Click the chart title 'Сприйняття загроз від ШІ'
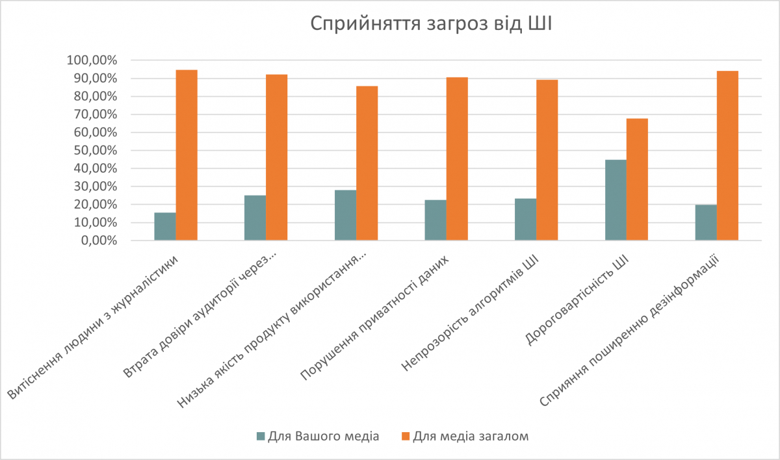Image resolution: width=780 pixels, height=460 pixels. pyautogui.click(x=430, y=24)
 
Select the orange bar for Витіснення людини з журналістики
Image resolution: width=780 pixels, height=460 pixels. pyautogui.click(x=187, y=155)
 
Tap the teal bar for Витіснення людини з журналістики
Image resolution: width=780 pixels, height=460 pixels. pyautogui.click(x=164, y=227)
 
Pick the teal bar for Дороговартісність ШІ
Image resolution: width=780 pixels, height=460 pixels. pyautogui.click(x=616, y=200)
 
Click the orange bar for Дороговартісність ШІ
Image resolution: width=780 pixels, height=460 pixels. pyautogui.click(x=637, y=179)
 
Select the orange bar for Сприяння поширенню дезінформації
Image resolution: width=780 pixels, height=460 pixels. pyautogui.click(x=727, y=156)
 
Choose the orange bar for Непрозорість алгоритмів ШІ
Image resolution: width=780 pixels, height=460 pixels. pyautogui.click(x=547, y=160)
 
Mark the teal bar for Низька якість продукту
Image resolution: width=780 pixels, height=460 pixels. pyautogui.click(x=345, y=215)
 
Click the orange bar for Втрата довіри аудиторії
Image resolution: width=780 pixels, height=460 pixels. pyautogui.click(x=276, y=158)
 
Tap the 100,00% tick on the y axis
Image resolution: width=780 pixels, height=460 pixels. pyautogui.click(x=92, y=60)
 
